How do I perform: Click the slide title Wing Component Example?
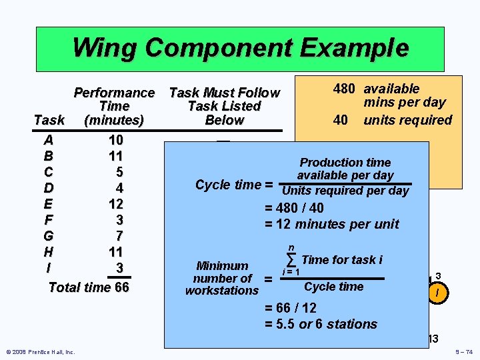click(240, 48)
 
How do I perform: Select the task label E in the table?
click(49, 203)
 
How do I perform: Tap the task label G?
click(49, 236)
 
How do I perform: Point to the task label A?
click(49, 140)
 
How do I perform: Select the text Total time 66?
click(89, 287)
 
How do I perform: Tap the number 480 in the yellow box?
click(345, 89)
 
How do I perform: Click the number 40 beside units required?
click(341, 120)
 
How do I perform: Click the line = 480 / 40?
click(304, 208)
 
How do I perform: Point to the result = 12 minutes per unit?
click(332, 224)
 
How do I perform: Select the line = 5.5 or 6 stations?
click(321, 325)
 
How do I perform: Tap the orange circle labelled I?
click(437, 293)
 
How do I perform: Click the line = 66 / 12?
click(291, 308)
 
